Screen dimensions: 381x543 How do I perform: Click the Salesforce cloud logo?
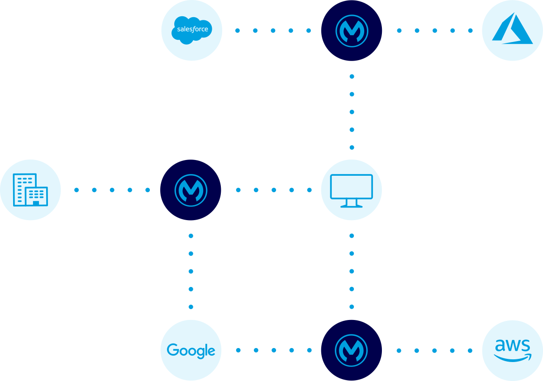pyautogui.click(x=191, y=30)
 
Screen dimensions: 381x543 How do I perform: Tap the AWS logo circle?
pyautogui.click(x=512, y=350)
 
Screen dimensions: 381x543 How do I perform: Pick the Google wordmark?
pyautogui.click(x=191, y=350)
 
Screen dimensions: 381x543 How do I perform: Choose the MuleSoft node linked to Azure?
pyautogui.click(x=352, y=31)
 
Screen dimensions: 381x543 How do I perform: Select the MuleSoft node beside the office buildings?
pyautogui.click(x=191, y=190)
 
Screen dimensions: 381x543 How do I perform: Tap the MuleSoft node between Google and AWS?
pyautogui.click(x=352, y=350)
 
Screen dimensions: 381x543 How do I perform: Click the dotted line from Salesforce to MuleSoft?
pyautogui.click(x=273, y=31)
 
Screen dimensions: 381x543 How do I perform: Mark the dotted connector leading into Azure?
pyautogui.click(x=434, y=31)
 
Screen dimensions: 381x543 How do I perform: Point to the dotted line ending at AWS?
pyautogui.click(x=434, y=350)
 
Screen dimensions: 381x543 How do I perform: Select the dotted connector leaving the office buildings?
pyautogui.click(x=112, y=190)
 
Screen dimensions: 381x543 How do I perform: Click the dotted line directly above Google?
pyautogui.click(x=191, y=271)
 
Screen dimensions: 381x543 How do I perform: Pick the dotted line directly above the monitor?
pyautogui.click(x=352, y=112)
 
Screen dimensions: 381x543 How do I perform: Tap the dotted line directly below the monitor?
pyautogui.click(x=352, y=271)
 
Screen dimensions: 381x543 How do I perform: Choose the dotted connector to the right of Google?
pyautogui.click(x=273, y=350)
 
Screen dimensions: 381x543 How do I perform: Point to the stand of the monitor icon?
pyautogui.click(x=352, y=204)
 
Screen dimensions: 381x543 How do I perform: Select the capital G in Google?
pyautogui.click(x=172, y=350)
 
